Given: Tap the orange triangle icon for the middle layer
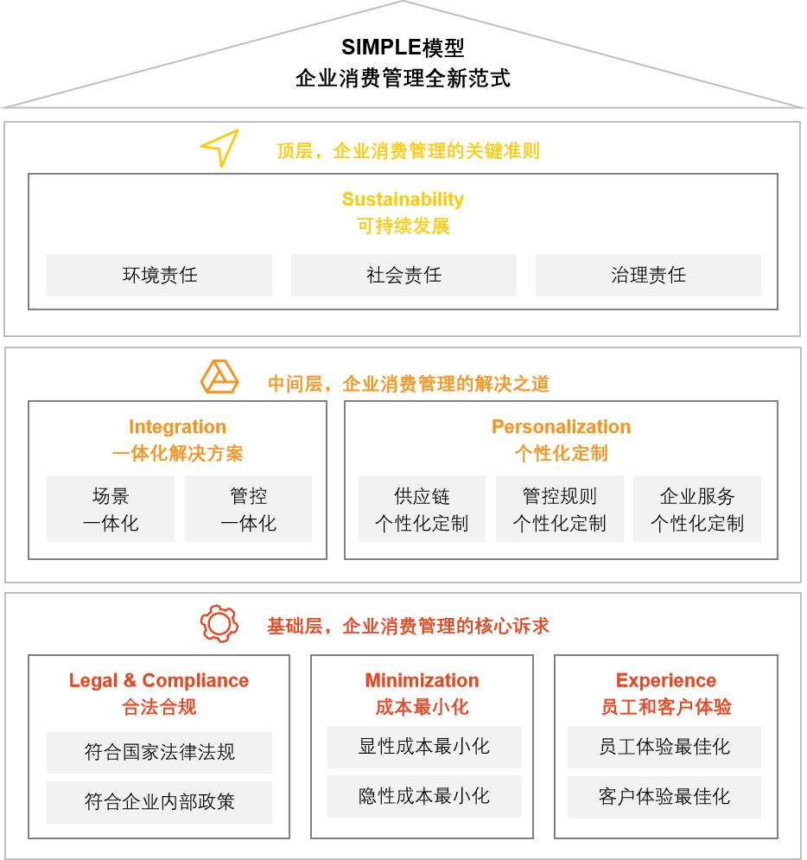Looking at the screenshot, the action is click(219, 377).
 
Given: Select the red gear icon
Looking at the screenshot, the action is click(219, 624).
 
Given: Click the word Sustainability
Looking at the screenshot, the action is click(403, 199).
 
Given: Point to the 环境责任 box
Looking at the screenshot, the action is click(160, 275).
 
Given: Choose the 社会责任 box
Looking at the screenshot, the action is click(404, 275).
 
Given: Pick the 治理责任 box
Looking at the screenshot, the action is click(649, 275).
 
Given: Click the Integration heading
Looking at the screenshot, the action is click(178, 427).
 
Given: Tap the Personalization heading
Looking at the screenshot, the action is click(562, 427).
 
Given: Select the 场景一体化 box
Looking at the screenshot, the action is click(111, 509).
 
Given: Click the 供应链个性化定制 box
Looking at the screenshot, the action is click(423, 509).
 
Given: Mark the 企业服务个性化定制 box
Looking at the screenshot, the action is click(697, 509).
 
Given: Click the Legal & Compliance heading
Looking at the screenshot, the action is click(159, 680).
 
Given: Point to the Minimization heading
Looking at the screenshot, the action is click(423, 680).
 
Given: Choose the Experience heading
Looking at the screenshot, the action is click(666, 680).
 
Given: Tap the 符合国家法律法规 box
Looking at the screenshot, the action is click(160, 752).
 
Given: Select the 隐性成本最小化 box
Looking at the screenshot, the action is click(423, 796).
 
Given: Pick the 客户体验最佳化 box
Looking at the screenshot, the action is click(664, 797).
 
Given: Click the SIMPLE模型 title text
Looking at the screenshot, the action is click(403, 48).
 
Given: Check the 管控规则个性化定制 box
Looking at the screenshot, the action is click(560, 509).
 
